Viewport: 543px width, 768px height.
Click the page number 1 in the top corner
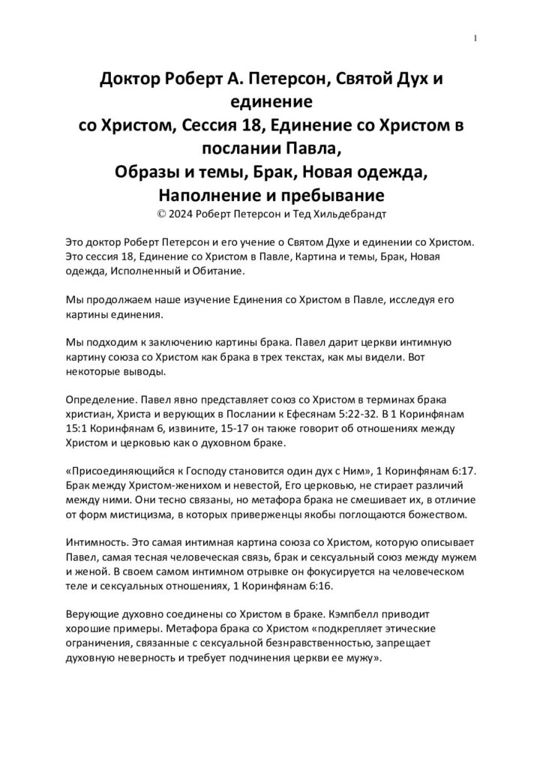(x=476, y=38)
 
